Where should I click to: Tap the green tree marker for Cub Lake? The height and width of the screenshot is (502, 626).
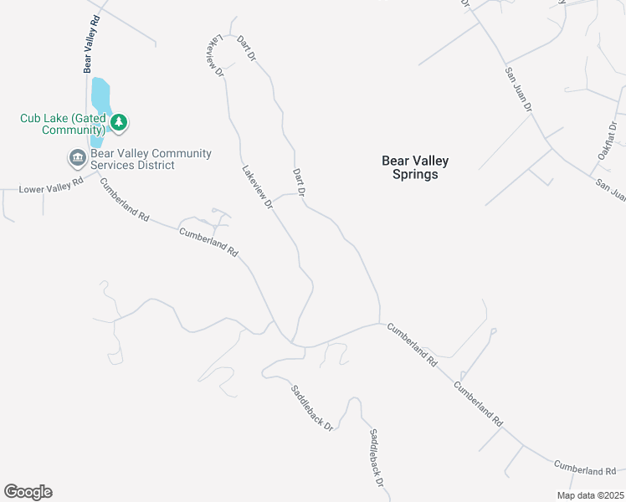tap(119, 123)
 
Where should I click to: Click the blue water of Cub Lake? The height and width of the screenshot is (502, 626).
tap(100, 96)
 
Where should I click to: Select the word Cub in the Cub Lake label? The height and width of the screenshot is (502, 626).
tap(32, 118)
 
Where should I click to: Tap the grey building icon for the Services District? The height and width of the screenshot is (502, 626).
tap(77, 157)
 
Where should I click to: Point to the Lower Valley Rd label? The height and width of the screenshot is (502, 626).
tap(51, 186)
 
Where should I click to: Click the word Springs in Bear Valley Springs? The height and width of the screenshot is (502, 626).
tap(415, 175)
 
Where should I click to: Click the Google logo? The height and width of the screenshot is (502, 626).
tap(28, 492)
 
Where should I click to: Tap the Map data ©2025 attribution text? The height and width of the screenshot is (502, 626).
tap(590, 495)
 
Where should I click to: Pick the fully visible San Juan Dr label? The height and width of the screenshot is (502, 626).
tap(518, 89)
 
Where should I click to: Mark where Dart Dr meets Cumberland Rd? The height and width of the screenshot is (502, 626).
tap(380, 323)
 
